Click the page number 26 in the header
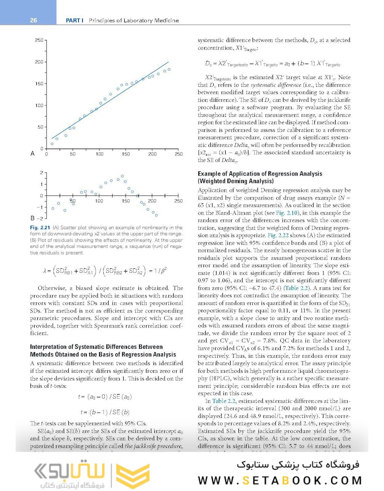click(33, 20)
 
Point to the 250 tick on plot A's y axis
click(38, 40)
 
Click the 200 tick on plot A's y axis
click(38, 62)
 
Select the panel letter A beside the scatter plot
click(32, 154)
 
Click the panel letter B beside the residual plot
click(32, 218)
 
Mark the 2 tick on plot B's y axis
click(41, 173)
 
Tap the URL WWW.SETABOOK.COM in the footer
click(280, 481)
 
